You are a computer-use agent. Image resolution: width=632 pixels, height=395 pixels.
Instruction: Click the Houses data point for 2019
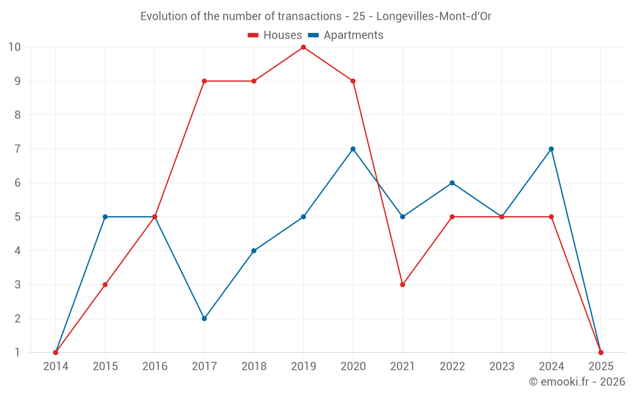(303, 47)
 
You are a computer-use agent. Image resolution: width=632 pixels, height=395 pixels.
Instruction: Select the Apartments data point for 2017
(204, 319)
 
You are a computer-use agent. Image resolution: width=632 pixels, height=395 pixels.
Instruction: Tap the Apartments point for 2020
(353, 149)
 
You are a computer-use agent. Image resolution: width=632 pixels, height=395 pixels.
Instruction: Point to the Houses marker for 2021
(403, 284)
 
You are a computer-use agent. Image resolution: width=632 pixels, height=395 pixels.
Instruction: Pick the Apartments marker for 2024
(551, 149)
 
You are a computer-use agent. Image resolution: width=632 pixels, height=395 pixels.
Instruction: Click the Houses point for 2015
(105, 284)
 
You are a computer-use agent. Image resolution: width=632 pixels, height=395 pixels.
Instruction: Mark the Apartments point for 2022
(452, 183)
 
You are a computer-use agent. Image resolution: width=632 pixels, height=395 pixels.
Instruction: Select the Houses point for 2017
(204, 81)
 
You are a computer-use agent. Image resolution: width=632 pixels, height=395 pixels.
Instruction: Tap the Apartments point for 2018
(254, 251)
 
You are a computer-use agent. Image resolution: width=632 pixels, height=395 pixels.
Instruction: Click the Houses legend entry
(275, 35)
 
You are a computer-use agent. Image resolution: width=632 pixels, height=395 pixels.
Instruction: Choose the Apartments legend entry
(346, 35)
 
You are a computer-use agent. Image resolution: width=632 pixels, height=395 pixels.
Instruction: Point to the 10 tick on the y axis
(15, 47)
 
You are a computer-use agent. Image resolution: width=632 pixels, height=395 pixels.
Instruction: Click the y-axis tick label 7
(17, 149)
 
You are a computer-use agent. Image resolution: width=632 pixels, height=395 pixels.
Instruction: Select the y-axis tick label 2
(17, 319)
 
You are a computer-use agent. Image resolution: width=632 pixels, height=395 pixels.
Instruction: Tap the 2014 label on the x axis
(56, 367)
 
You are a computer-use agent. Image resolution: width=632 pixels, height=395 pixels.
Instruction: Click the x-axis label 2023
(502, 367)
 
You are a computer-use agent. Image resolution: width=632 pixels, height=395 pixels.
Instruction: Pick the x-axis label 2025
(600, 367)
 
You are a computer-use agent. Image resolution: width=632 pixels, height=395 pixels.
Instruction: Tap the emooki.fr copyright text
(577, 382)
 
